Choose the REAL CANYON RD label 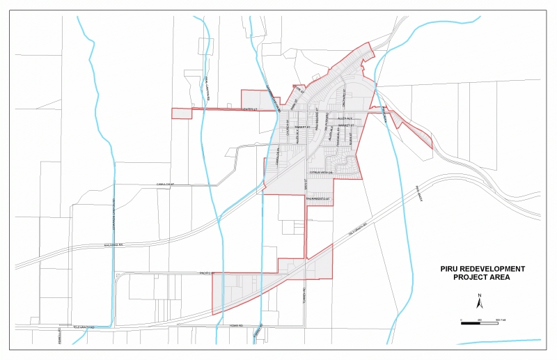(x=207, y=86)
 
